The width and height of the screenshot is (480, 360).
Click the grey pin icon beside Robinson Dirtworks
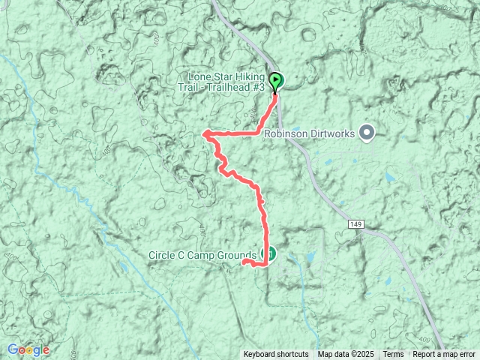pyautogui.click(x=367, y=133)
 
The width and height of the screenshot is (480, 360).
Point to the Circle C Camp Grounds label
pyautogui.click(x=202, y=254)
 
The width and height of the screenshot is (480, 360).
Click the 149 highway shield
pyautogui.click(x=355, y=224)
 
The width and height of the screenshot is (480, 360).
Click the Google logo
pyautogui.click(x=28, y=349)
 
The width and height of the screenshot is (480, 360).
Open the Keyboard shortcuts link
pyautogui.click(x=275, y=355)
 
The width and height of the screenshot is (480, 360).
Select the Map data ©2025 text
pyautogui.click(x=346, y=355)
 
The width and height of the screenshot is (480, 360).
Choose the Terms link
pyautogui.click(x=393, y=355)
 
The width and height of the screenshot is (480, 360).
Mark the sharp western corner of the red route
pyautogui.click(x=204, y=134)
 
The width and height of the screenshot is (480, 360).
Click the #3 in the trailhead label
pyautogui.click(x=259, y=87)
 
